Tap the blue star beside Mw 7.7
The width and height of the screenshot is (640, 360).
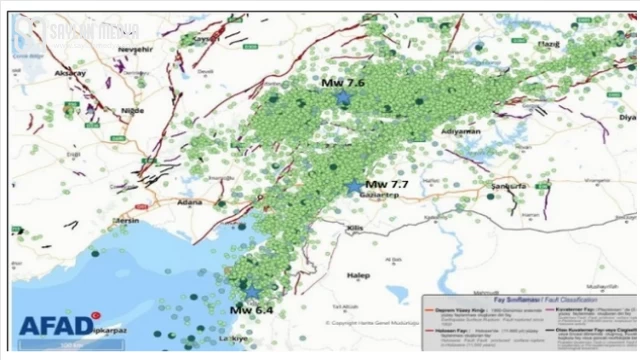[354, 186]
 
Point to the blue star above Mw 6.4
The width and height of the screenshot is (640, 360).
[252, 292]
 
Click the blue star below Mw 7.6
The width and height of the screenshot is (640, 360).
[345, 97]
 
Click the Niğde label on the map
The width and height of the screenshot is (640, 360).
[132, 110]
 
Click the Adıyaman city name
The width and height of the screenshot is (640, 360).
[461, 132]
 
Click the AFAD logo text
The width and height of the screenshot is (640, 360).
[54, 325]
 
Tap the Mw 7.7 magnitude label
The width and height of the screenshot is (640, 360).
[388, 185]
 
